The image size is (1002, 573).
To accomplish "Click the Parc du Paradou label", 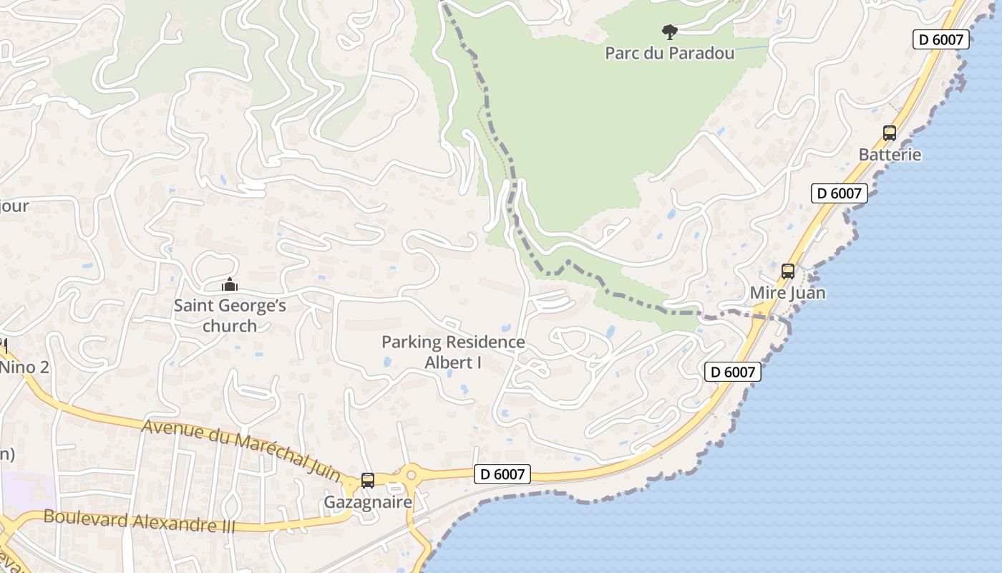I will [x=669, y=53].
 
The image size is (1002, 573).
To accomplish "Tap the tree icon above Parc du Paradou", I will [x=669, y=32].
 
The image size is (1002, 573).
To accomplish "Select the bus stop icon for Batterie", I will [x=890, y=133].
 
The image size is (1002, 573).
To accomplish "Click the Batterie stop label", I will [x=890, y=155].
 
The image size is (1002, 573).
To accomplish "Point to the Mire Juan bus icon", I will [x=788, y=271].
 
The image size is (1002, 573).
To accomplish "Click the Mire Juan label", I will [x=787, y=293].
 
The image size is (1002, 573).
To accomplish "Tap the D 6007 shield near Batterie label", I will [x=839, y=193].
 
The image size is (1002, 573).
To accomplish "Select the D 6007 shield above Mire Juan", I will [x=839, y=193].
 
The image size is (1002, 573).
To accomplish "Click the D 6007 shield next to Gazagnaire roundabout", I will [x=502, y=474].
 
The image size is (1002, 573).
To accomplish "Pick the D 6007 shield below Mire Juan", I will [x=733, y=372].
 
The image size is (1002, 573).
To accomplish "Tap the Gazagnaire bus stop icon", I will [x=368, y=481].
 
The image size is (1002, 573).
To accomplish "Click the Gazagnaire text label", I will [x=368, y=502].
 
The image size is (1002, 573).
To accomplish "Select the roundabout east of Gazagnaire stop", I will [x=411, y=474].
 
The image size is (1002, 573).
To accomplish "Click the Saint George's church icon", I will [x=229, y=284].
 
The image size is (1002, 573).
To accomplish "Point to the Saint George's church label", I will [x=230, y=316].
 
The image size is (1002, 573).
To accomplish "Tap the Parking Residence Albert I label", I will [x=453, y=352].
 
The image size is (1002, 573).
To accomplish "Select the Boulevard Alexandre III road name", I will [x=139, y=520].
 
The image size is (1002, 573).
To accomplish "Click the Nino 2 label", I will [x=24, y=367].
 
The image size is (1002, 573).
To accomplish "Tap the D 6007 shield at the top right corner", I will [x=940, y=39].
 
